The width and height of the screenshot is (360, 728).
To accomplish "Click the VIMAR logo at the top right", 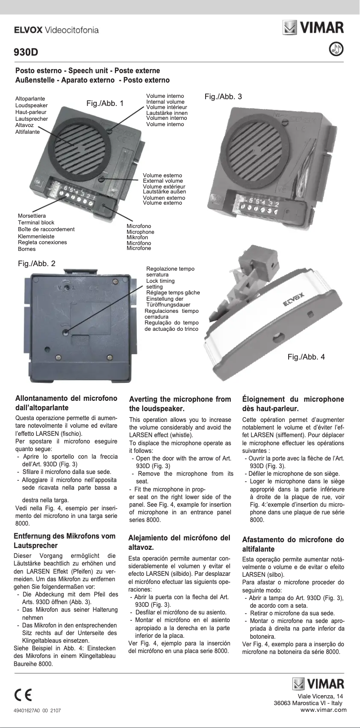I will [313, 27].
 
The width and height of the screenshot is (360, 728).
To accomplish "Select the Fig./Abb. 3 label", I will [223, 96].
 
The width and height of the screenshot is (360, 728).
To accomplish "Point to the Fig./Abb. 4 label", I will [306, 357].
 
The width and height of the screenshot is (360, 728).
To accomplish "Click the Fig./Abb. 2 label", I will [37, 263].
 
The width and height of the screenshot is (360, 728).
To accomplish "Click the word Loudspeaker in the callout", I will [31, 105].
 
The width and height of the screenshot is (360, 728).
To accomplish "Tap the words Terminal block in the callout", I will [36, 223].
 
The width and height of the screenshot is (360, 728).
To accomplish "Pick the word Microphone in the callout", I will [140, 232].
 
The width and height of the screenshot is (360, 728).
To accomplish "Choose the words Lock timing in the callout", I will [160, 281].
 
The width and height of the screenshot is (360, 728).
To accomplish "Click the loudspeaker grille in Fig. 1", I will [81, 145].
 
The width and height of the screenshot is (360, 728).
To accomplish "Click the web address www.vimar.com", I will [323, 710].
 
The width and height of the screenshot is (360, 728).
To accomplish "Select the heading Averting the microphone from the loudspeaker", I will [180, 403].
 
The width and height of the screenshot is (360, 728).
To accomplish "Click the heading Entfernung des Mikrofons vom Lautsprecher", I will [65, 540].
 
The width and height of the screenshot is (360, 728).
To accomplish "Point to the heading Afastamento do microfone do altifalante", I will [293, 544].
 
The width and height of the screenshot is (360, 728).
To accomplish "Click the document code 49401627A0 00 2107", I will [38, 711].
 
